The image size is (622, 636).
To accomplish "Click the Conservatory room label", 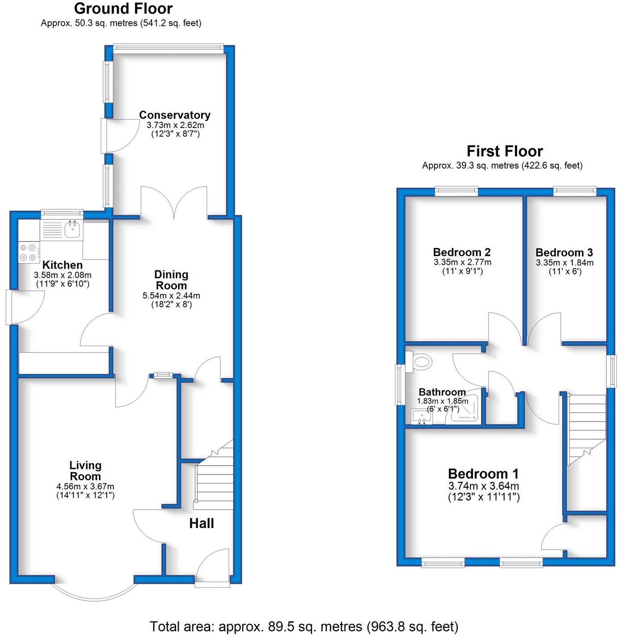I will pyautogui.click(x=174, y=115).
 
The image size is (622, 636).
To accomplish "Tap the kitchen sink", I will pyautogui.click(x=73, y=230).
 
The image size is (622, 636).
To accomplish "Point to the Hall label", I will pyautogui.click(x=201, y=523).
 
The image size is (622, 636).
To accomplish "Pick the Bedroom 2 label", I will pyautogui.click(x=462, y=252).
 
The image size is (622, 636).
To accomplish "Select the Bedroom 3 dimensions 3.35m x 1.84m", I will pyautogui.click(x=564, y=263).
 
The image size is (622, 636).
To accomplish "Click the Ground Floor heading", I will pyautogui.click(x=123, y=8).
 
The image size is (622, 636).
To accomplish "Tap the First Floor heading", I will pyautogui.click(x=504, y=151).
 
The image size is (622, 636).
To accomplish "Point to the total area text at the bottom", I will pyautogui.click(x=304, y=626).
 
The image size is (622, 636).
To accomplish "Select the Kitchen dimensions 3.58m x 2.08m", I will pyautogui.click(x=62, y=275).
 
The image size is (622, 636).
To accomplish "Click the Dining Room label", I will pyautogui.click(x=171, y=280).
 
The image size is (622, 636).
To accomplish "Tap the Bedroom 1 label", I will pyautogui.click(x=483, y=474).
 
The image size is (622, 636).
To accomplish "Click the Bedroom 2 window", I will pyautogui.click(x=456, y=191).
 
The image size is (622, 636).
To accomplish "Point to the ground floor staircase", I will pyautogui.click(x=214, y=482).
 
